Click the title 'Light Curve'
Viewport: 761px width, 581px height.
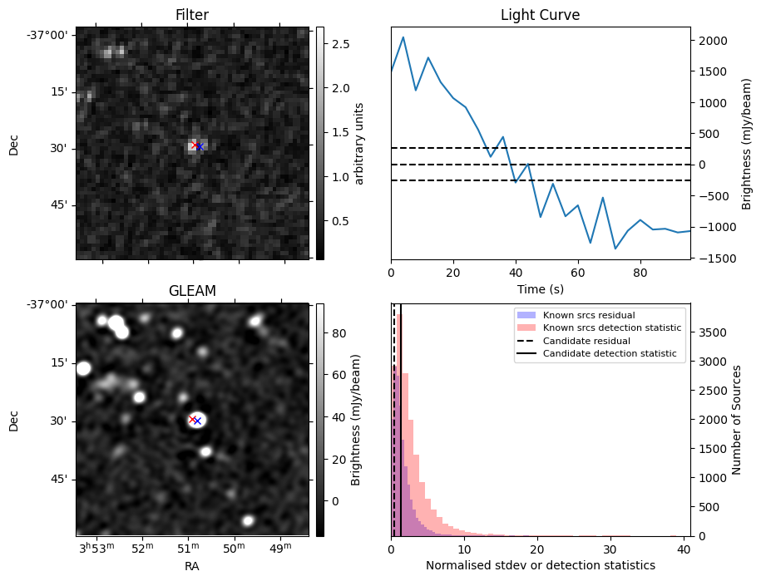click(x=540, y=15)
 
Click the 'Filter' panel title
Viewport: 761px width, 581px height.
click(x=192, y=15)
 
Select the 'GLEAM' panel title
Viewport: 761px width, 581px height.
click(x=192, y=291)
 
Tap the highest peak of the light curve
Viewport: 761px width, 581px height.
click(x=403, y=37)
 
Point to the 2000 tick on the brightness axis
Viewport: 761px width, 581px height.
click(x=713, y=41)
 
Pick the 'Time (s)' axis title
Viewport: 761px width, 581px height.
click(x=540, y=289)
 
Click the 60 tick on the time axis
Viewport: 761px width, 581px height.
click(x=577, y=273)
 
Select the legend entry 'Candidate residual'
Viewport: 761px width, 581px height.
click(x=586, y=341)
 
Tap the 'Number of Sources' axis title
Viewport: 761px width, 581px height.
click(x=736, y=420)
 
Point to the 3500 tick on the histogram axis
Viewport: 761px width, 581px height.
click(x=713, y=332)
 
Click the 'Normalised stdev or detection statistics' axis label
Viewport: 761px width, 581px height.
click(x=541, y=565)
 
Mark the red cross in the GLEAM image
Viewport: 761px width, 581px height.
click(x=192, y=419)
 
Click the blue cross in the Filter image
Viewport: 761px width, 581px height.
click(x=200, y=146)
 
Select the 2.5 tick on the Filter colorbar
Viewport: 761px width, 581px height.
click(x=341, y=44)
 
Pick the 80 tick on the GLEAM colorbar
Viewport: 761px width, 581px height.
click(x=338, y=333)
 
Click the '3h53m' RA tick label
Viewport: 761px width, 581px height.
click(x=96, y=547)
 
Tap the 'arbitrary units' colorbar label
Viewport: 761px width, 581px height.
click(x=359, y=144)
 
